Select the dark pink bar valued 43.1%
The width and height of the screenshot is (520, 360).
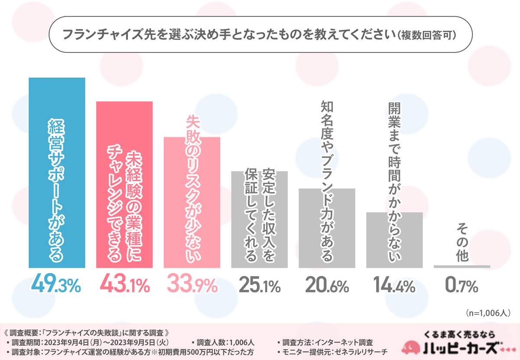124,184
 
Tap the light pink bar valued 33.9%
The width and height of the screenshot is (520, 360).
192,202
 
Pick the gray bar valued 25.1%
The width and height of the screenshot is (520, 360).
259,219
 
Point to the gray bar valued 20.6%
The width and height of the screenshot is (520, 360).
327,228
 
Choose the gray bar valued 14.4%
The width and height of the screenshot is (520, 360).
394,240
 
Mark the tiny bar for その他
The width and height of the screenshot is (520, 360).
462,266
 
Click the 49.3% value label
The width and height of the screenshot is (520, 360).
57,285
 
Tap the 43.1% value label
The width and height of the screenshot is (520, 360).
124,285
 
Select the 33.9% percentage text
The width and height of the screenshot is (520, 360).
192,285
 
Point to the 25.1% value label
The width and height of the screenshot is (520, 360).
259,285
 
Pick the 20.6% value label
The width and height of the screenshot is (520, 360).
327,285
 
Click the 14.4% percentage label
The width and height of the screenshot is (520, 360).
394,285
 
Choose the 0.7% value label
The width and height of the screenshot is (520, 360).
462,285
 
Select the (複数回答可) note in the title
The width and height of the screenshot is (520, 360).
427,34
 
